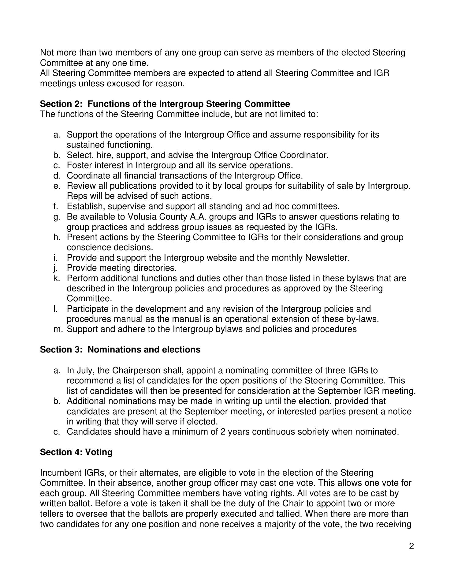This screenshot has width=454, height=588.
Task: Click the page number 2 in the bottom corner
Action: pyautogui.click(x=411, y=546)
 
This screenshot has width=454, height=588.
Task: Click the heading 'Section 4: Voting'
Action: pyautogui.click(x=76, y=452)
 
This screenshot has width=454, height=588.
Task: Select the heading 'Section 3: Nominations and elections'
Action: pyautogui.click(x=120, y=350)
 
